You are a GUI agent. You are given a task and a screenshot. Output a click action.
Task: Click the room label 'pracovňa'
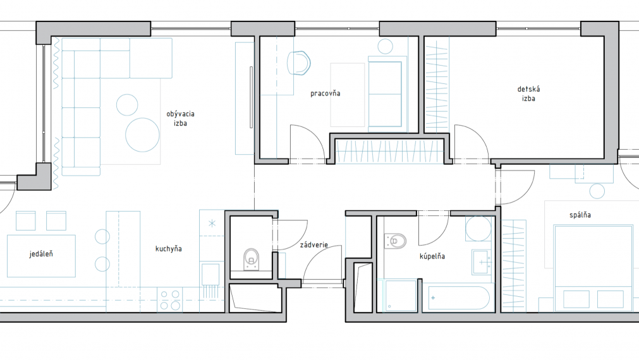point(326,93)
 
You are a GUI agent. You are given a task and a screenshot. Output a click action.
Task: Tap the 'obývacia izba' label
point(180,119)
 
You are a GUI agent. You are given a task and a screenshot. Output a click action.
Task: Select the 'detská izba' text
point(528,93)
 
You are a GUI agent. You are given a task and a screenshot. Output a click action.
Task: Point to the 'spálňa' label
point(580,215)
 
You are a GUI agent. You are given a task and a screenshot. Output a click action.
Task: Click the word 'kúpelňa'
point(432,256)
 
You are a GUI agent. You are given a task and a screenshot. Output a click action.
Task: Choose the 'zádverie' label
point(313,245)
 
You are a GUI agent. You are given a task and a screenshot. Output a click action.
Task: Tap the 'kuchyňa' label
point(168,249)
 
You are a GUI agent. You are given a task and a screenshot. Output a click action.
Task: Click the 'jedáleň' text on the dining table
point(40,254)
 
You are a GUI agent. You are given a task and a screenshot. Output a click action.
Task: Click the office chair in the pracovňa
point(299,63)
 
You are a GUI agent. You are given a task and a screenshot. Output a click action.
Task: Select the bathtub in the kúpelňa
point(458,298)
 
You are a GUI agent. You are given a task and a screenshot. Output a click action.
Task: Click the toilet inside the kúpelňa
point(395,241)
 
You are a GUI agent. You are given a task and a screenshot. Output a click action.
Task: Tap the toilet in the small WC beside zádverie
point(252,260)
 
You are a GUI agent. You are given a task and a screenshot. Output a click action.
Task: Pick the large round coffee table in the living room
point(142,135)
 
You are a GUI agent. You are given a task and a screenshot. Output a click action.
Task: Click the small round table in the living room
point(127,105)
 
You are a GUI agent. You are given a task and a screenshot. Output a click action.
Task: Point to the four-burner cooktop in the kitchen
point(170,300)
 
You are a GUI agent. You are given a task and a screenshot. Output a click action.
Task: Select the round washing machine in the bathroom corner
point(478,229)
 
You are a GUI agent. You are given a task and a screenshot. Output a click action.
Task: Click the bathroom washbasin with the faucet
point(482,262)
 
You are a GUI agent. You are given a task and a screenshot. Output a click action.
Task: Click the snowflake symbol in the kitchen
point(212,223)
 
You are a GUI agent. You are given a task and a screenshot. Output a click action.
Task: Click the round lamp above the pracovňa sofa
point(385,47)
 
